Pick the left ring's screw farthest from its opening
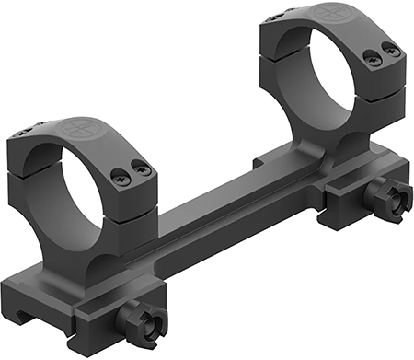point(142,168)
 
